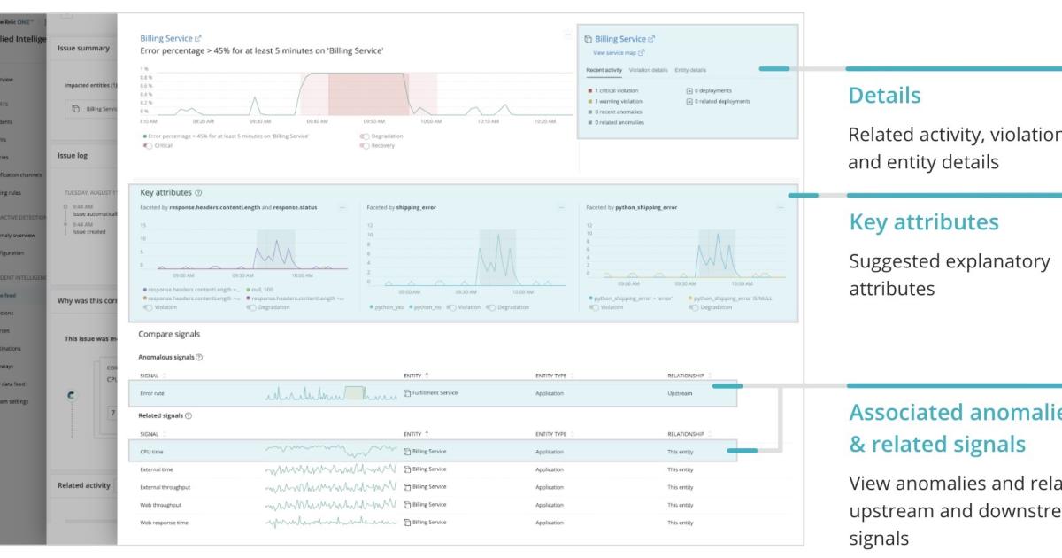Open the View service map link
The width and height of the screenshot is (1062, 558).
tap(619, 53)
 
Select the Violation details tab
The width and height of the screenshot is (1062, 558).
tap(648, 69)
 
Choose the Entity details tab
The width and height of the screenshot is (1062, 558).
tap(690, 69)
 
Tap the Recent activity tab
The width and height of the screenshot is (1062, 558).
tap(605, 69)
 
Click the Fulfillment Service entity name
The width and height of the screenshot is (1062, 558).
tap(434, 392)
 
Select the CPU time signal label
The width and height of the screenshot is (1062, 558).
tap(152, 452)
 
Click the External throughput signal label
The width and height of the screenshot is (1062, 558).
tap(165, 487)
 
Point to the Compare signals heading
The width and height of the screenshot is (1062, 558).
tap(169, 334)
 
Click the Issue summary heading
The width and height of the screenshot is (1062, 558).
tap(83, 48)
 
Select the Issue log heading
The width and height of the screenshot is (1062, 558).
tap(73, 155)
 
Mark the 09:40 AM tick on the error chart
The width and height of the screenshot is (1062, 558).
tap(317, 121)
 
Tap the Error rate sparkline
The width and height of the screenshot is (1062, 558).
tap(328, 393)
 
